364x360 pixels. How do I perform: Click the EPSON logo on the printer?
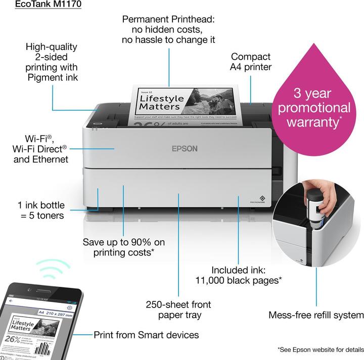coord(185,148)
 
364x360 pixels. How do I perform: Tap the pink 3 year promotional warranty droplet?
coord(314,107)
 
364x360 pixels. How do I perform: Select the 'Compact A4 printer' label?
coord(251,62)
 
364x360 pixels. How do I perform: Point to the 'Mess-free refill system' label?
coord(316,315)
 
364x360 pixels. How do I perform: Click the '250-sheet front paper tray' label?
coord(178,310)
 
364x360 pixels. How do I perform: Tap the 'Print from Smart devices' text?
coord(146,335)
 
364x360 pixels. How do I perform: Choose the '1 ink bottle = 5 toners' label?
coord(41,210)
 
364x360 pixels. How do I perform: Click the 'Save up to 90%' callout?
coord(124,247)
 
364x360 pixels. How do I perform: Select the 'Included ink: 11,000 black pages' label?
coord(239,275)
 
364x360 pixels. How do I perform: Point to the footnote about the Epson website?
coord(321,349)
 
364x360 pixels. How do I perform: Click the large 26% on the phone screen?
coord(12,338)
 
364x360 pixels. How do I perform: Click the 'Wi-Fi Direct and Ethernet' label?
coord(40,148)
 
